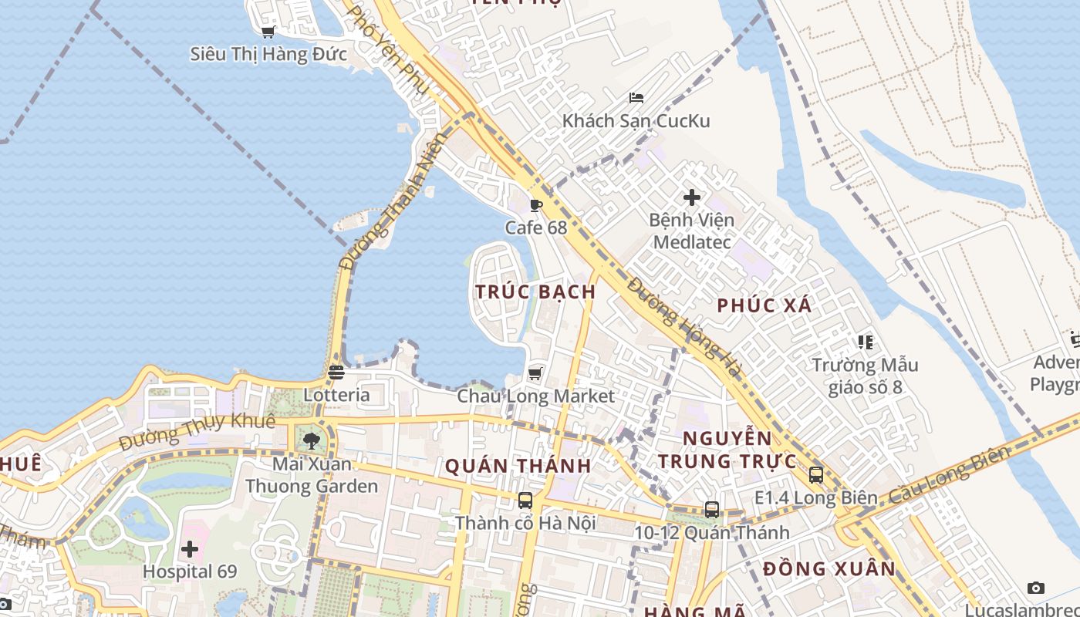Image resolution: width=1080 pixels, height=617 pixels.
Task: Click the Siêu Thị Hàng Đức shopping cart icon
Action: coord(268,32)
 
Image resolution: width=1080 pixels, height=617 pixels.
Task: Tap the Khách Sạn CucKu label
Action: coord(636,121)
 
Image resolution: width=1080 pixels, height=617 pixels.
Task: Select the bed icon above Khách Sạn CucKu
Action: coord(636,98)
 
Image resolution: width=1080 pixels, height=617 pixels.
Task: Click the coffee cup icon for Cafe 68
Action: coord(536,205)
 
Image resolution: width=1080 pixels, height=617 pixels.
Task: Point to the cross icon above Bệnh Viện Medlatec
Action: coord(692,197)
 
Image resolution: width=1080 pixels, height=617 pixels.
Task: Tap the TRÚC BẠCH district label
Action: coord(535,292)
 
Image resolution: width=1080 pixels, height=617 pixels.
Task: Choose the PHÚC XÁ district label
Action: coord(764,305)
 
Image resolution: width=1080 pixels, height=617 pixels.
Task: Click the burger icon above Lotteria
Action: coord(336,372)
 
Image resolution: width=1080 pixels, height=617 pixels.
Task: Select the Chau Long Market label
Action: coord(535,396)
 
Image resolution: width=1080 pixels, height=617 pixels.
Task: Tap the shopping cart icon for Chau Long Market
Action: coord(535,374)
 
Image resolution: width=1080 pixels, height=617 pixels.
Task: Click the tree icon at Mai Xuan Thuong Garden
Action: coord(311,441)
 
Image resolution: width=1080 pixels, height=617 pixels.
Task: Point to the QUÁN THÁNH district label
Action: coord(518,466)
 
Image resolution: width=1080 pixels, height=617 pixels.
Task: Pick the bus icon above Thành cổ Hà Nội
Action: coord(525,500)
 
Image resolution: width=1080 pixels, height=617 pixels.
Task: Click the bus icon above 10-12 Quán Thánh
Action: coord(711,509)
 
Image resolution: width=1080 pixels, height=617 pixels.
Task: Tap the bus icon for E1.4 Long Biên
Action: coord(816,475)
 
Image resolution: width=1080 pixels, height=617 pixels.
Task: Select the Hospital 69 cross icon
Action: coord(190,550)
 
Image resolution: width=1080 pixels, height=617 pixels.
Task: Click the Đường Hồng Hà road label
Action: coord(683,328)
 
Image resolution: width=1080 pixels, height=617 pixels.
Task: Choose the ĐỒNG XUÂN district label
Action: coord(829,569)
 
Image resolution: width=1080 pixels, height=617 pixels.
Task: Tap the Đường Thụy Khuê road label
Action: coord(197,432)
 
